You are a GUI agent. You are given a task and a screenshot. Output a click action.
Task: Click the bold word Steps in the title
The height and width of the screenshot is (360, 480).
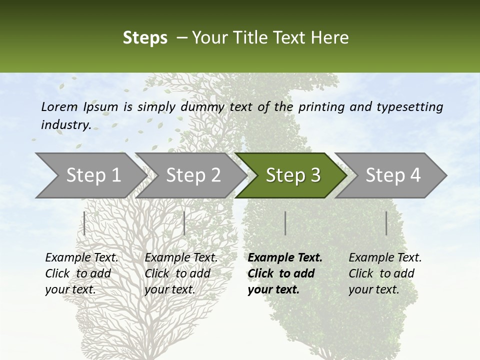[145, 38]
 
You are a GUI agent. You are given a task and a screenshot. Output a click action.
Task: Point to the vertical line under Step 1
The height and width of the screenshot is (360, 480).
[84, 223]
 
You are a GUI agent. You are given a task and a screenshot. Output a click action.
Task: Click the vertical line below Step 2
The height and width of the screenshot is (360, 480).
[184, 223]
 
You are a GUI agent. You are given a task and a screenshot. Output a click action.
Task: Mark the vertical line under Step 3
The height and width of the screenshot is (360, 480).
[285, 223]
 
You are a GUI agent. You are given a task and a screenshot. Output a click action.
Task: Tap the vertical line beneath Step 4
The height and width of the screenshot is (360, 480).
[386, 223]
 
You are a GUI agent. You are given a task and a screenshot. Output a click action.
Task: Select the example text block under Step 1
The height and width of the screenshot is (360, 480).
[81, 273]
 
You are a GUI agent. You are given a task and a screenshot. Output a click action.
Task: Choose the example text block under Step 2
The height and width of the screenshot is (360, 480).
[181, 273]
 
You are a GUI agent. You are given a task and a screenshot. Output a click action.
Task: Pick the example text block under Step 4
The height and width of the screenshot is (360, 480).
[385, 273]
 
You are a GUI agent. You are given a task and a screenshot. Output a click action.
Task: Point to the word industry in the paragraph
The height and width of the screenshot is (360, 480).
[65, 125]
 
